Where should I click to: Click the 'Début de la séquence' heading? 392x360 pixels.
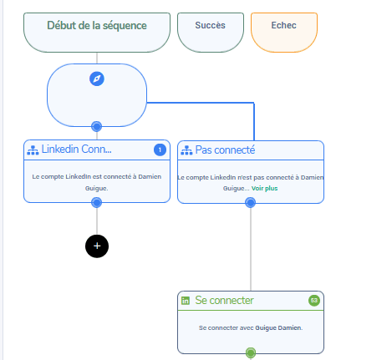[x=97, y=26]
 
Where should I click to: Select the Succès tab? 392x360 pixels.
[x=211, y=32]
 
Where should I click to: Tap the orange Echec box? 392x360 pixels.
[x=284, y=32]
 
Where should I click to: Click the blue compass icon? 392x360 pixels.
[x=97, y=79]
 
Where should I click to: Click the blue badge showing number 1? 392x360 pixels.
[x=160, y=150]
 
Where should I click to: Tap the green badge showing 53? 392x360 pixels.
[x=314, y=301]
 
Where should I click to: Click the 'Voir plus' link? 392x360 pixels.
[x=264, y=189]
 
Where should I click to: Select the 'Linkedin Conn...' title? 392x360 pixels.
[x=76, y=150]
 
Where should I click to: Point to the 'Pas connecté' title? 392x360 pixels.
[x=225, y=150]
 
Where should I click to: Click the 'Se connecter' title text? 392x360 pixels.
[x=224, y=301]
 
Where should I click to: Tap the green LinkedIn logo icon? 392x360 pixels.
[x=186, y=301]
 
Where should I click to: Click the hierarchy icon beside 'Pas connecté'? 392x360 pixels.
[x=186, y=150]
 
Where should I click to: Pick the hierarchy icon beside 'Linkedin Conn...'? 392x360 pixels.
[x=33, y=150]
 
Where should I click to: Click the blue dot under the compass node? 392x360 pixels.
[x=97, y=127]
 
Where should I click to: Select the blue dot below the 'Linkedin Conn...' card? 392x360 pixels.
[x=97, y=202]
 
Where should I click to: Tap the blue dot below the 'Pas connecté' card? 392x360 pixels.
[x=250, y=202]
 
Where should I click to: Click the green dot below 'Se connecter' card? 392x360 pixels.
[x=251, y=352]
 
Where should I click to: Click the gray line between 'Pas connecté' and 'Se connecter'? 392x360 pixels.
[x=251, y=249]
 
